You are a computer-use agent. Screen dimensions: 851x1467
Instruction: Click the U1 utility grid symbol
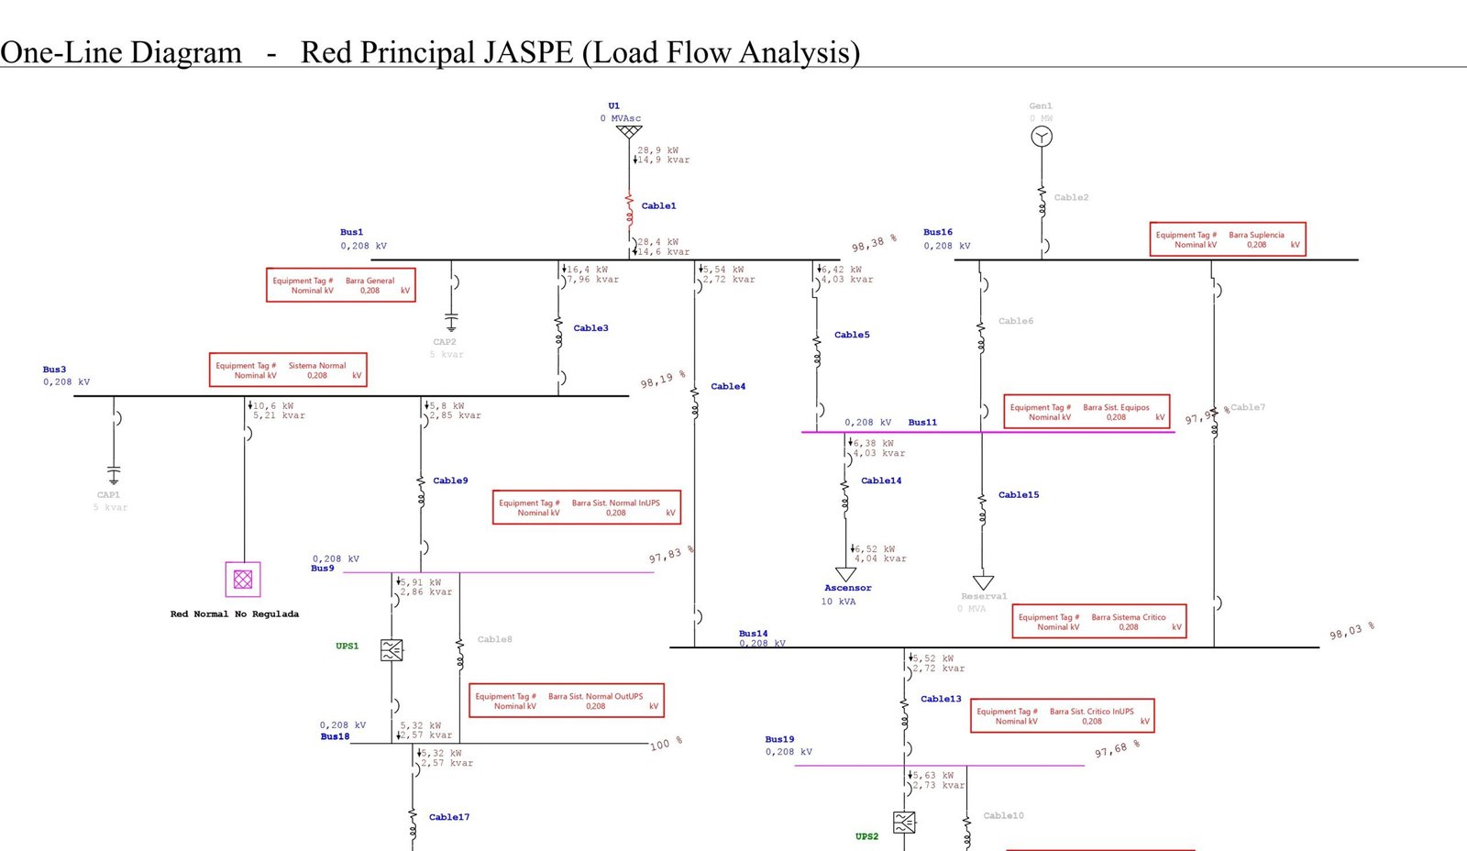coord(629,132)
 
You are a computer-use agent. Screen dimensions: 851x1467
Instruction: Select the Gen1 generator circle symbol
coord(1042,137)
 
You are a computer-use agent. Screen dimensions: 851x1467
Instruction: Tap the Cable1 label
coord(658,206)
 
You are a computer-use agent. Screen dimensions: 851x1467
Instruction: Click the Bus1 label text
coord(351,233)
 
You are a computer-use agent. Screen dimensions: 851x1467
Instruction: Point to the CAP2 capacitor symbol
coord(451,322)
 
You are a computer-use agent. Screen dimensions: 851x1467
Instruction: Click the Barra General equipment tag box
coord(341,285)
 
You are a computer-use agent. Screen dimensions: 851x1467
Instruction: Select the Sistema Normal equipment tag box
coord(288,370)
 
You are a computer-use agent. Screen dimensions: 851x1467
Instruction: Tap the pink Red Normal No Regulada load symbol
coord(243,580)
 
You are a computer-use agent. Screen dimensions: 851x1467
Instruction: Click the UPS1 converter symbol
coord(392,650)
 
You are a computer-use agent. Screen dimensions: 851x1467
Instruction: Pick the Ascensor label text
coord(848,589)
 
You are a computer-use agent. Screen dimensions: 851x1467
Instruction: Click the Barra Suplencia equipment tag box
coord(1228,239)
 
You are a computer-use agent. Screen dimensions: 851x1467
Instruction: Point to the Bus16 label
coord(938,233)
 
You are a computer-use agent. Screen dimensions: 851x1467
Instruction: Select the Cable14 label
coord(881,481)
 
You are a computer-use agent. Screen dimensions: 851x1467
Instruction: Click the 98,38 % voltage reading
coord(873,243)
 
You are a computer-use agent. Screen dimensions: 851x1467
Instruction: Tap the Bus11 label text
coord(922,423)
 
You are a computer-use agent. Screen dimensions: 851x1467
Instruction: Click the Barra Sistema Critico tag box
coord(1099,622)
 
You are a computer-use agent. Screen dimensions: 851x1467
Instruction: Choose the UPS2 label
coord(866,836)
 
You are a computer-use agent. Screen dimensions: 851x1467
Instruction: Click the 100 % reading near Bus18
coord(666,744)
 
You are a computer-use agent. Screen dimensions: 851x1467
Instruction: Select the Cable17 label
coord(449,817)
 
